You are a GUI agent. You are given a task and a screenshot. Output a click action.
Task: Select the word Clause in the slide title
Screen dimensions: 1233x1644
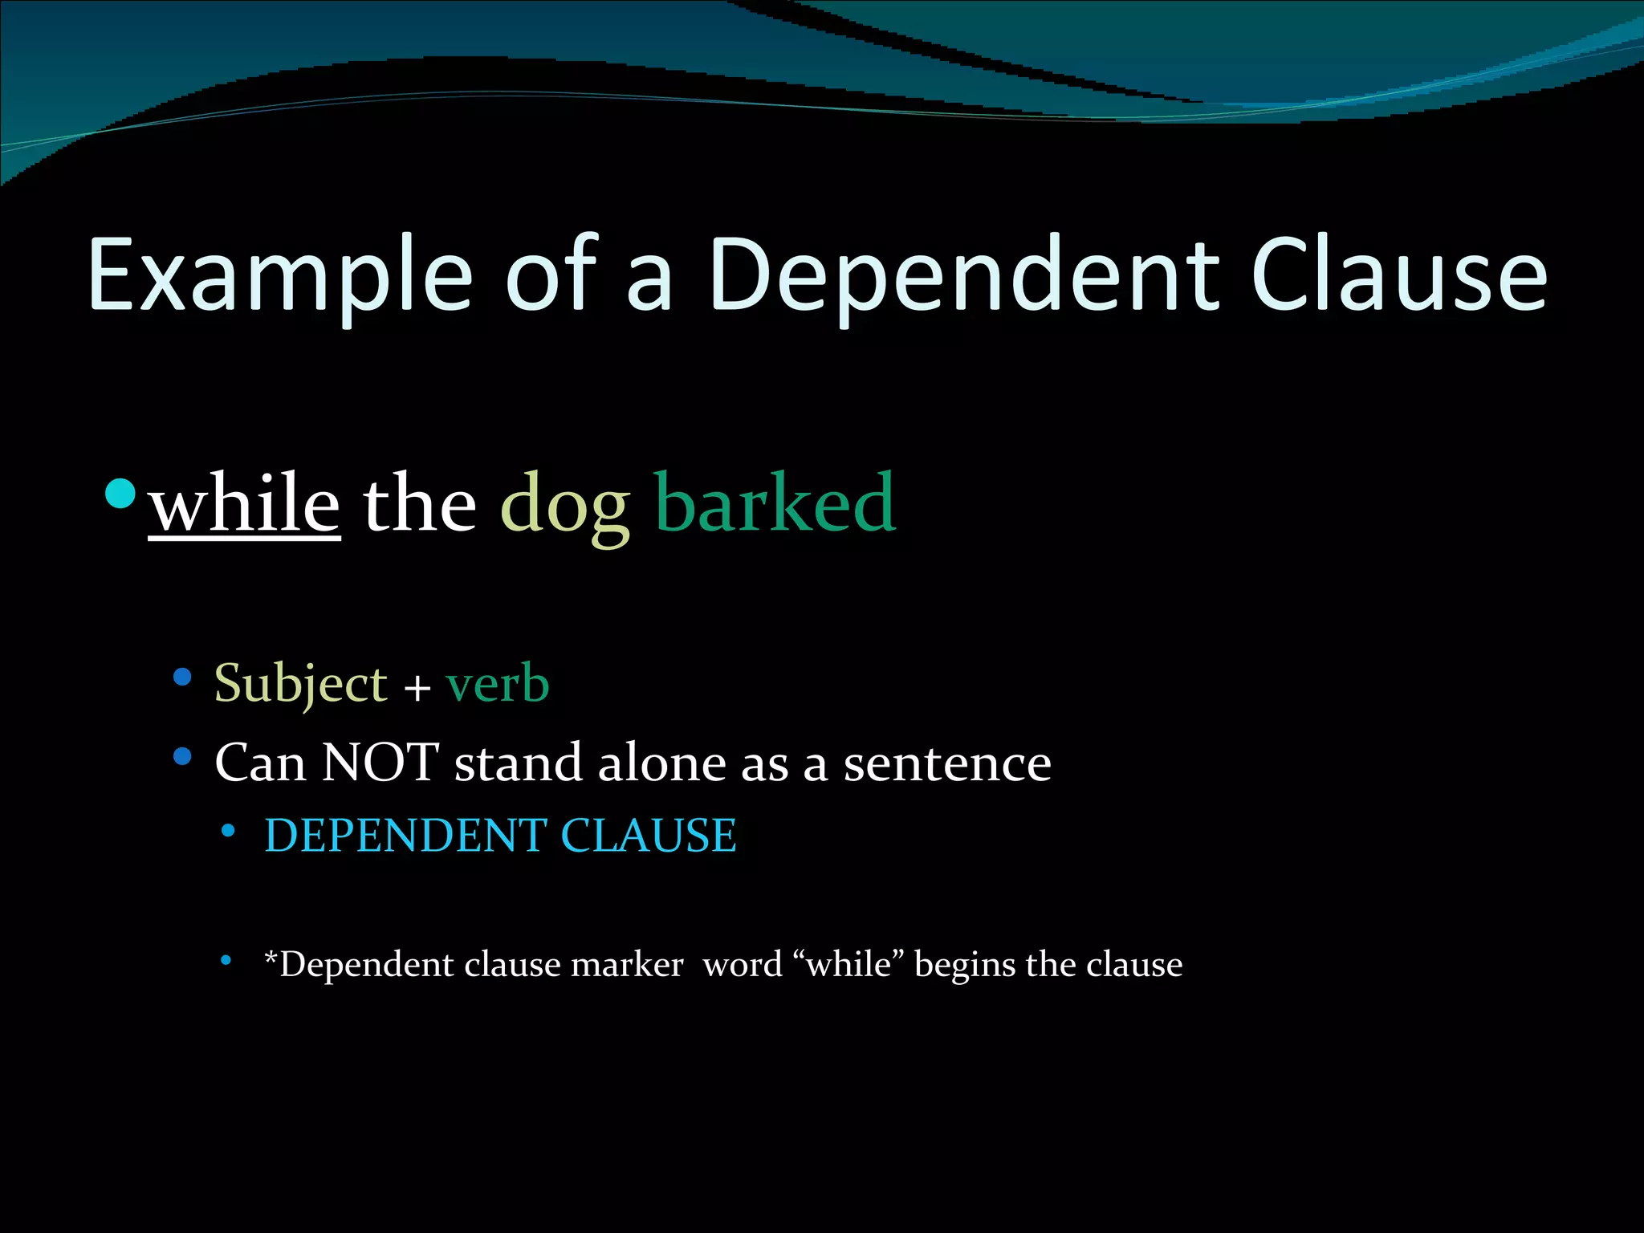pyautogui.click(x=1398, y=275)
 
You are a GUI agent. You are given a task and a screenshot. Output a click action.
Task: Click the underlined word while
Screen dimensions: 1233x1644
pyautogui.click(x=245, y=504)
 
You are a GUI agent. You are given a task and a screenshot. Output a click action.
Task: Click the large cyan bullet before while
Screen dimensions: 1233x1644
pyautogui.click(x=120, y=494)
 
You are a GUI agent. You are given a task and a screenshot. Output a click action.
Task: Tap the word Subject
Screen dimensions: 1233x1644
pyautogui.click(x=301, y=685)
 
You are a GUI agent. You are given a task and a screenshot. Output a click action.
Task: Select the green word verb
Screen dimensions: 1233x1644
pyautogui.click(x=498, y=685)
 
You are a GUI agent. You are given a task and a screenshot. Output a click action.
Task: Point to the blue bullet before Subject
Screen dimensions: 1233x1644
pyautogui.click(x=182, y=678)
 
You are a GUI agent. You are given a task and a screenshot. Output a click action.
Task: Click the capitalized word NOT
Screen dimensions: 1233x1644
pyautogui.click(x=380, y=763)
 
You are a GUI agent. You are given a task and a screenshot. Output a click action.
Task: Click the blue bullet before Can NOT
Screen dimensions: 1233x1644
pyautogui.click(x=182, y=756)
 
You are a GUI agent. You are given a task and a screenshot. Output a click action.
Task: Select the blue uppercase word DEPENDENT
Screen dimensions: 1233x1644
pyautogui.click(x=405, y=836)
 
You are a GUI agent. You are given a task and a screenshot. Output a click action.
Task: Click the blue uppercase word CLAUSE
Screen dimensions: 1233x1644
pyautogui.click(x=649, y=836)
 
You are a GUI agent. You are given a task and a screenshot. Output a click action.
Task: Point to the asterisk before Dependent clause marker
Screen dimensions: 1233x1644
pyautogui.click(x=271, y=957)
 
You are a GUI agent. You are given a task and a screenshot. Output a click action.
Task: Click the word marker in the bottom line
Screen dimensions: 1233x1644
pyautogui.click(x=627, y=965)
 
